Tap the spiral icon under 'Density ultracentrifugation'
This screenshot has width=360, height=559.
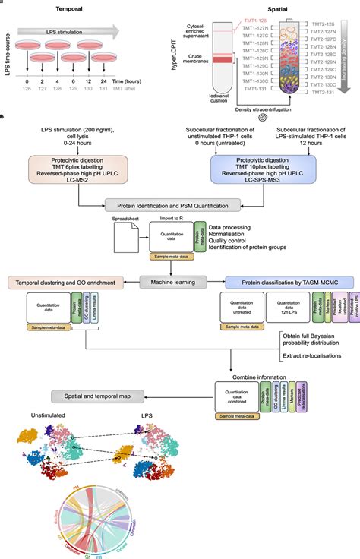pos(262,118)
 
